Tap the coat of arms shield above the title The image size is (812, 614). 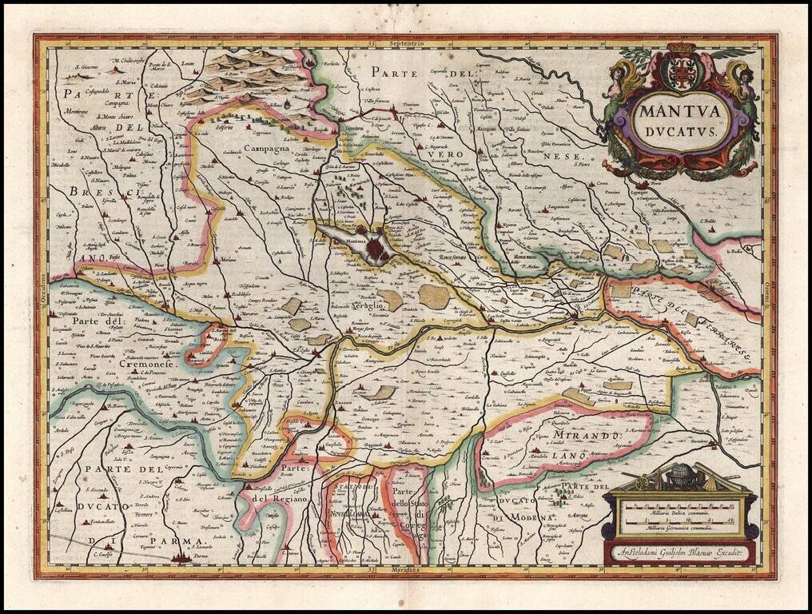682,73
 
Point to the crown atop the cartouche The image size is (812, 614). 682,49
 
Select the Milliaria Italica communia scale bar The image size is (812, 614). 680,507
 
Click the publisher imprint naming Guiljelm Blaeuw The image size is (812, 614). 680,552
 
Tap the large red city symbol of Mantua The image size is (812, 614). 375,249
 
